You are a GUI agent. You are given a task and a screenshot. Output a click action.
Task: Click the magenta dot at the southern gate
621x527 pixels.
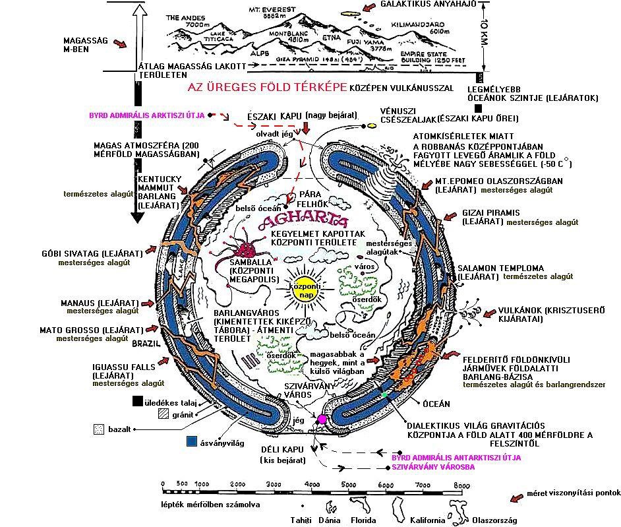[x=322, y=419]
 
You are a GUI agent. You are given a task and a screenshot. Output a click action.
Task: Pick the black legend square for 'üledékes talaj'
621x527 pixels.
[x=138, y=400]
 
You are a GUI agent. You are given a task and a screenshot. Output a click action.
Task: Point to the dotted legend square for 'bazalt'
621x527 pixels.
[x=99, y=428]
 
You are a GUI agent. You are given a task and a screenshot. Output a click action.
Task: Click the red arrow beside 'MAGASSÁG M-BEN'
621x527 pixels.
[x=120, y=44]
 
